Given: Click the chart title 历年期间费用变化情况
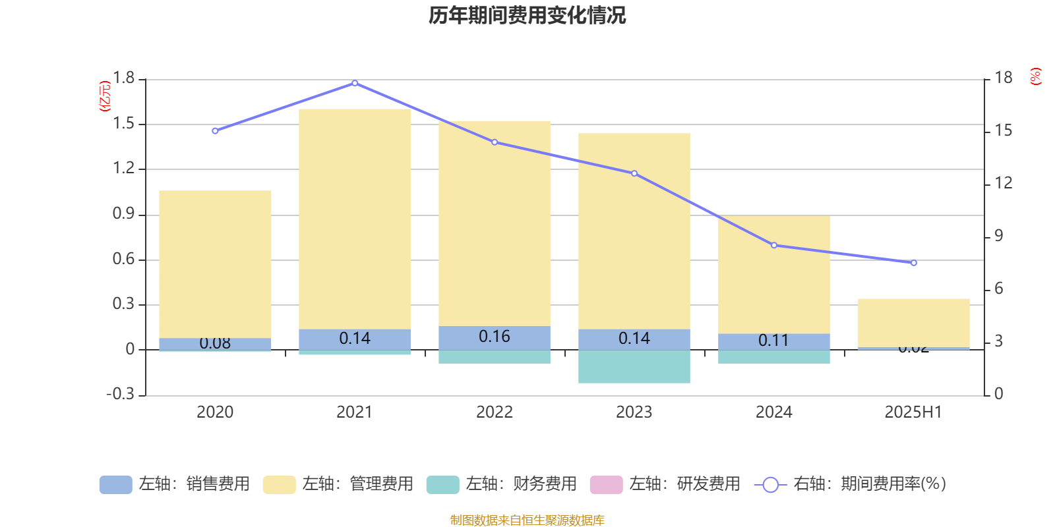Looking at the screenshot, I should (x=527, y=15).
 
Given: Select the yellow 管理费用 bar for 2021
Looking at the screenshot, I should (x=355, y=217).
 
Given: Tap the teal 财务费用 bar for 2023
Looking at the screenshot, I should (x=634, y=366).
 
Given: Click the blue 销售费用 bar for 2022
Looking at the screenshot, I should (x=495, y=337).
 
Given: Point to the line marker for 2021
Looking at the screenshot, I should (x=355, y=83).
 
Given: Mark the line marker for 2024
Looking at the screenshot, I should (x=774, y=245).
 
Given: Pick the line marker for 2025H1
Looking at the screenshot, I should (x=914, y=263).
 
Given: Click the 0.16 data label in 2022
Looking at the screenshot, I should (x=495, y=337).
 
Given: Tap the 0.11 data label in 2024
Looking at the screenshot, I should (x=773, y=341).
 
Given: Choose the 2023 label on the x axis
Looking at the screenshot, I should (x=634, y=412).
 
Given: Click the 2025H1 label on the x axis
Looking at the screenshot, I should (x=913, y=412).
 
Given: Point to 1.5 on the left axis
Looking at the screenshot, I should (x=124, y=124).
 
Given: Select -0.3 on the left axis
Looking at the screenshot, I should (x=121, y=394).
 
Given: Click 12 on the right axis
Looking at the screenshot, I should (x=1004, y=183).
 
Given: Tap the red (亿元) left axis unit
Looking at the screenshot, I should (x=105, y=96).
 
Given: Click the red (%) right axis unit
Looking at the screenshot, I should (x=1036, y=76).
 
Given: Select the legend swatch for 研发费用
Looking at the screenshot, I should (x=606, y=485).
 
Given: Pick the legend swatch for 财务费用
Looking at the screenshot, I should (x=442, y=485).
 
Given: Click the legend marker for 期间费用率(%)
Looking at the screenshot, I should (x=770, y=485).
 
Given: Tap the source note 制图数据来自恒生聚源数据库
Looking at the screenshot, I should (x=527, y=520).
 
